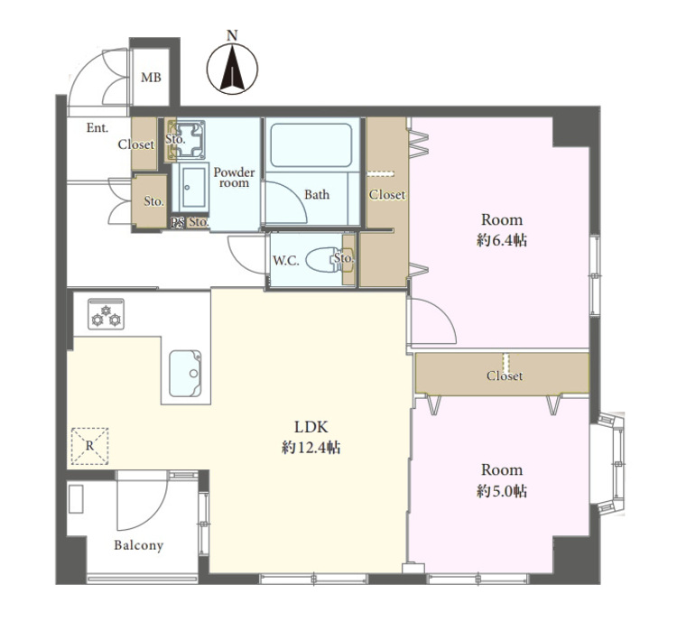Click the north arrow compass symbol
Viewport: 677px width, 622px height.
232,70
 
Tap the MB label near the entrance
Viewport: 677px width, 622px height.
151,78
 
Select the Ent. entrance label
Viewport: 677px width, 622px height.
97,128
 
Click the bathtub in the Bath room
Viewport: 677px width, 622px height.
311,145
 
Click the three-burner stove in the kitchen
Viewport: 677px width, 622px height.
107,314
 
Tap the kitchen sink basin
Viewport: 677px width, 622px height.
185,373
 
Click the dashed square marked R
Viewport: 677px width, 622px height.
89,446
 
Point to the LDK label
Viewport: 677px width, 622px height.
311,427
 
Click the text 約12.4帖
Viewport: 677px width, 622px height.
311,448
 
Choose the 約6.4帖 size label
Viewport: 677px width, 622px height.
502,240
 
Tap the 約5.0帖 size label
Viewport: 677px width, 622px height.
502,491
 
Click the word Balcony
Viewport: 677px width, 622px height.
139,545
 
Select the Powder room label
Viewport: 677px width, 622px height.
234,178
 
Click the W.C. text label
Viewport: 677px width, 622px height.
286,261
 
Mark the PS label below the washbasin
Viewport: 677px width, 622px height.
177,222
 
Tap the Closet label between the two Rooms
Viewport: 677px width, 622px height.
505,376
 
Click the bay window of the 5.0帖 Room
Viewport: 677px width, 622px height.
608,463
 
